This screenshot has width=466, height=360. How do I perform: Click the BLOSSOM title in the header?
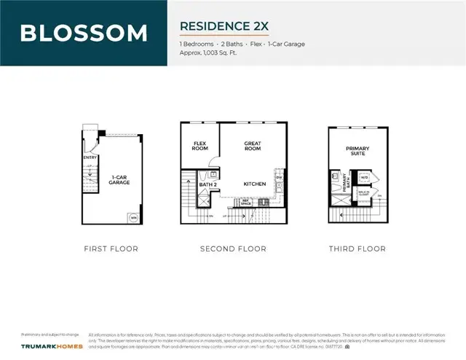point(83,33)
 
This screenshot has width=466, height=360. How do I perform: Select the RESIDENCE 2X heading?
point(224,26)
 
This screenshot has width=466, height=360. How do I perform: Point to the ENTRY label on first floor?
point(90,157)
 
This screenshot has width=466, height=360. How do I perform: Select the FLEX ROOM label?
point(200,146)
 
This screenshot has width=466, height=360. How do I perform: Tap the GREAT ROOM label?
point(253,146)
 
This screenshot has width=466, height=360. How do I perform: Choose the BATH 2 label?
point(208,185)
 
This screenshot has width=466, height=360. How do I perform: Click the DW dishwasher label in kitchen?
point(279,177)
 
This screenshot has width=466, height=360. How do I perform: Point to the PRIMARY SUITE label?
point(358,150)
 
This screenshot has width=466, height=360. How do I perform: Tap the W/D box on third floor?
point(365,177)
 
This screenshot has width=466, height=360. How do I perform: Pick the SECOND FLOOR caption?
point(233,249)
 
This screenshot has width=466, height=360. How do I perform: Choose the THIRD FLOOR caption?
point(357,249)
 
